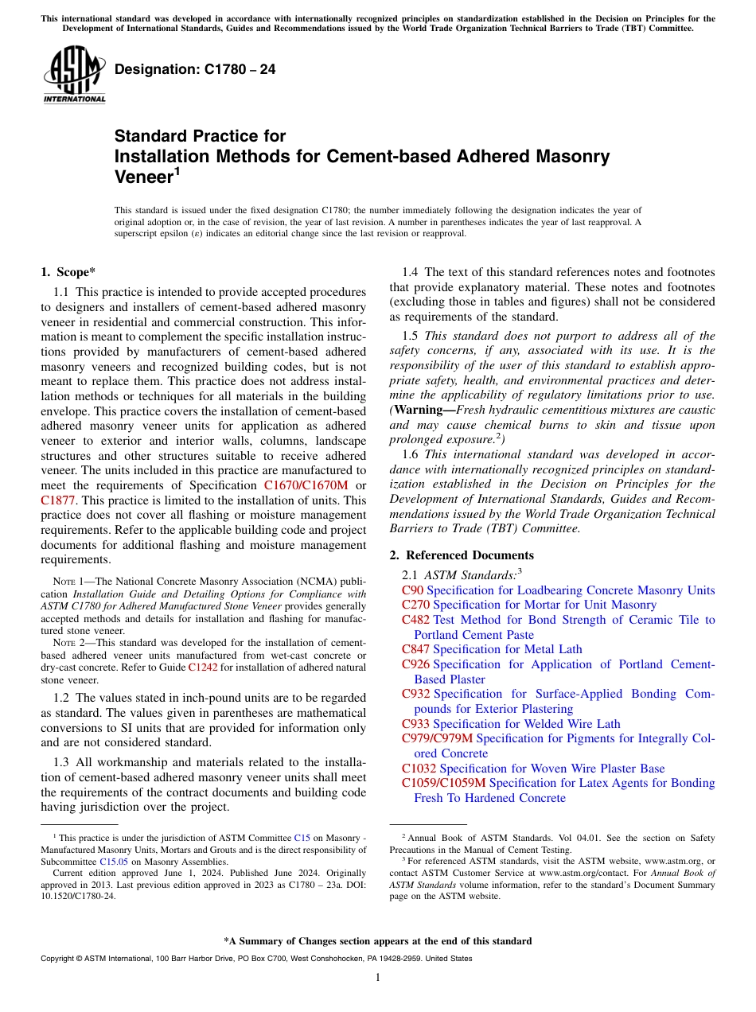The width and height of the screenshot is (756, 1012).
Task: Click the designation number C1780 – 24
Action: (195, 70)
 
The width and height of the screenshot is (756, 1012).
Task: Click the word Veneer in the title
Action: (143, 177)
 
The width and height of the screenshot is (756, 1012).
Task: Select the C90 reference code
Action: (412, 590)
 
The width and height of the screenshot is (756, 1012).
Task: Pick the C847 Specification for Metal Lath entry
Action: (492, 649)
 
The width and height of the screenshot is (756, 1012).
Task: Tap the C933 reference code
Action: (415, 724)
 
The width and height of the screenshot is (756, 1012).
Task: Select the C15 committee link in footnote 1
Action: (302, 838)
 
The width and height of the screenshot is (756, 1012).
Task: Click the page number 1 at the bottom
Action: (378, 978)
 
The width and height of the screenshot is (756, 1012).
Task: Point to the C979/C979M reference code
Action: (437, 738)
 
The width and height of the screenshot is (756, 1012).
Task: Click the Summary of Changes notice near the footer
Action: (378, 941)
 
